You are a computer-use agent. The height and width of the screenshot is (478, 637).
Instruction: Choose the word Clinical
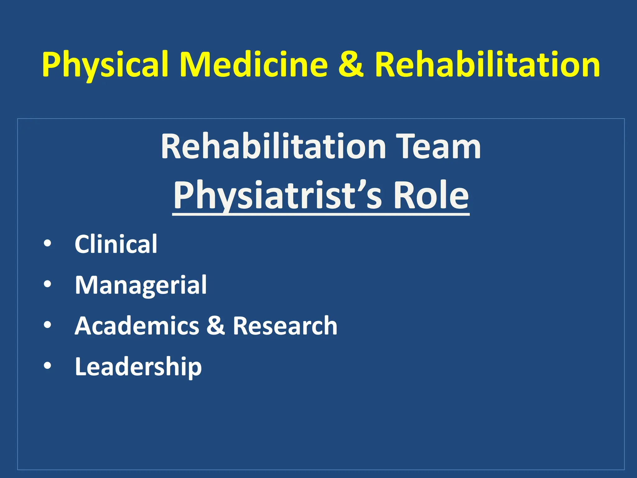pos(116,244)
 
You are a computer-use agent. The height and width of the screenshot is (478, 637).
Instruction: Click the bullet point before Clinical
pos(47,244)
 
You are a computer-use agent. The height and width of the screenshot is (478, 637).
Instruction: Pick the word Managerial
pos(141,285)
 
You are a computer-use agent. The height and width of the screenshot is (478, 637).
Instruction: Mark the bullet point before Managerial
pos(47,284)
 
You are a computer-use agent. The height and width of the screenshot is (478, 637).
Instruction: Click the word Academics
pos(137,326)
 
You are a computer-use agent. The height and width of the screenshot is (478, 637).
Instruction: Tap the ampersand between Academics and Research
pos(216,326)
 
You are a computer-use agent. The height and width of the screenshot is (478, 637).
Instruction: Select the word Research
pos(285,326)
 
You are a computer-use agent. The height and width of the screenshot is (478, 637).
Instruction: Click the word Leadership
pos(138,367)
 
